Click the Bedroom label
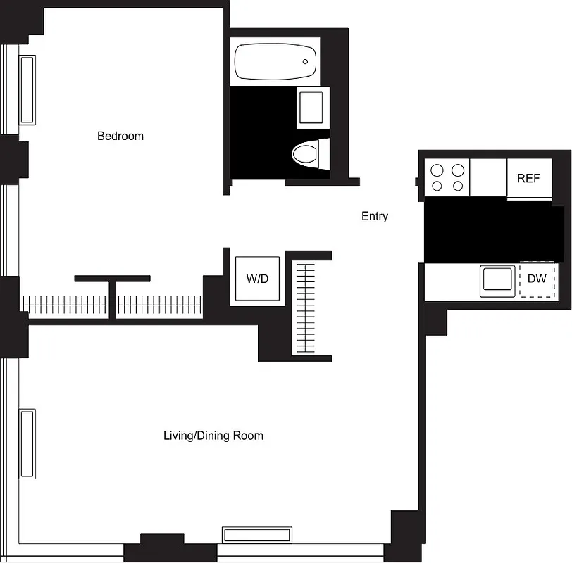[x=120, y=136]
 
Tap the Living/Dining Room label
[x=213, y=436]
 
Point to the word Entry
[x=375, y=216]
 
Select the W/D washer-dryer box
[x=257, y=279]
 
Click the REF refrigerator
[x=528, y=178]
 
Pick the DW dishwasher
[x=537, y=279]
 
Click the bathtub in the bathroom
[x=275, y=62]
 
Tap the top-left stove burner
[x=437, y=170]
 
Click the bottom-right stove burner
[x=458, y=186]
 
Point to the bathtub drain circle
[x=306, y=62]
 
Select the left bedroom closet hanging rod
[x=65, y=305]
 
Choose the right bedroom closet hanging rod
[x=159, y=305]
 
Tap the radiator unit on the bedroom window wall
[x=27, y=89]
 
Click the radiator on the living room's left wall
[x=27, y=443]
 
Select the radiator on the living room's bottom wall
[x=257, y=535]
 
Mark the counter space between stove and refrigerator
[x=488, y=177]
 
